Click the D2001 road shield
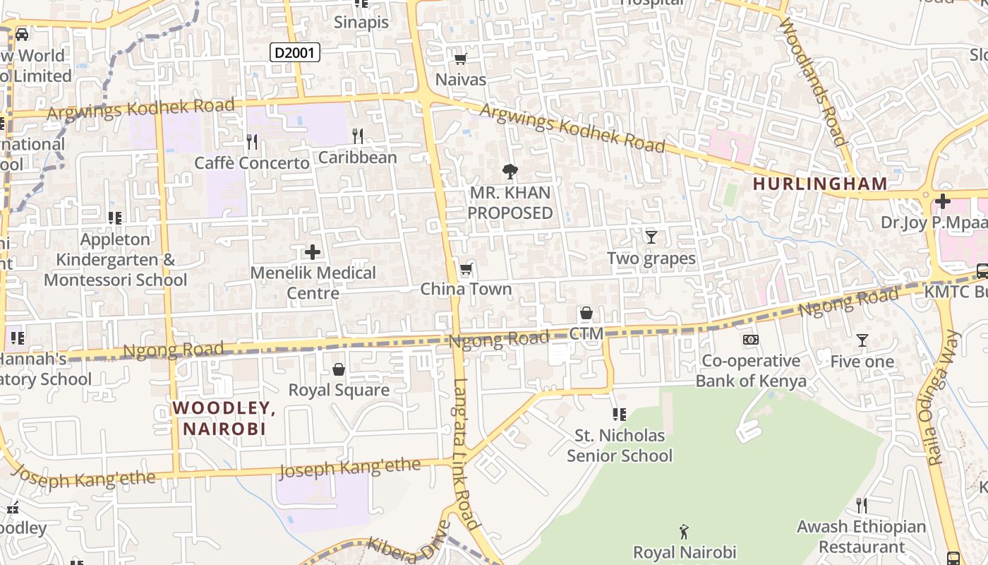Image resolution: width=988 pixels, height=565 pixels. coord(295,52)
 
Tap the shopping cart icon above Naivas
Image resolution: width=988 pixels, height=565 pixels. coord(460,59)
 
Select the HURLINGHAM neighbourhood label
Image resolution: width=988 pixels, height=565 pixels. coord(819,184)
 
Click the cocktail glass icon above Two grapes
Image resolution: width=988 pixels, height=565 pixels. coord(651,237)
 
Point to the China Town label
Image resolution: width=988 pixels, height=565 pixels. coord(466,289)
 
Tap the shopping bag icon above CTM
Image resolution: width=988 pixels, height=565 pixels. coord(586,313)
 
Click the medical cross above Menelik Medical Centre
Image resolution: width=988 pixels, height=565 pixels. coord(313,252)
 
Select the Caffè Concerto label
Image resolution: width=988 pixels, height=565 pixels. coord(252,163)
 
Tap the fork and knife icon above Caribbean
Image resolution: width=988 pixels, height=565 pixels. coord(358,136)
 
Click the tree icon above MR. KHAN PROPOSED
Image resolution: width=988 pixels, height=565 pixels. coord(510,171)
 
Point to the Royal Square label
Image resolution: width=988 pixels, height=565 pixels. coord(339,390)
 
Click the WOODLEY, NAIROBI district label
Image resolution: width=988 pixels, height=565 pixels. coord(224,418)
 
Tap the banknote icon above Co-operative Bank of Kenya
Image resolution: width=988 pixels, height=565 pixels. coord(751,340)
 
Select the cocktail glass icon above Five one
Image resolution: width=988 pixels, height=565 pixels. coord(862,340)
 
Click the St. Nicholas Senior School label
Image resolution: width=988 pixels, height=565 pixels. coord(620,446)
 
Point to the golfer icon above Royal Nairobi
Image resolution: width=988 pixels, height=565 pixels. coord(683,531)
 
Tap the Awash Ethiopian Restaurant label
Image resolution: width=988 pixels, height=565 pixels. coord(861,537)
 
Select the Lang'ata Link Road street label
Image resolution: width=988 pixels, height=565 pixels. coord(466,452)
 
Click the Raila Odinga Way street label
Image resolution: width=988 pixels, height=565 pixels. coord(944,400)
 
